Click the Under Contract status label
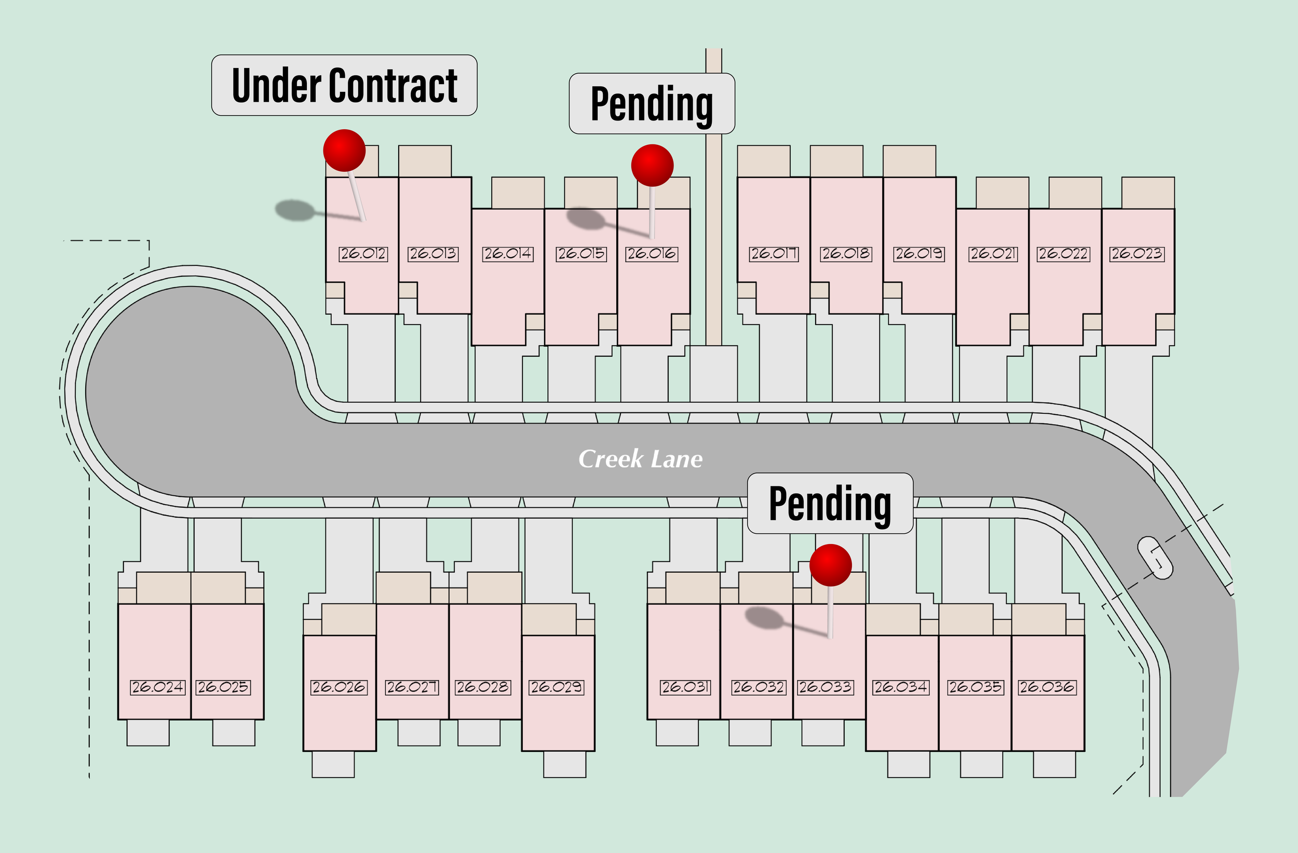click(344, 86)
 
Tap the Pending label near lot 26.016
click(652, 104)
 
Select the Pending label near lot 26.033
click(830, 504)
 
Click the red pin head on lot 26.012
click(344, 150)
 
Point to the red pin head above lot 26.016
click(652, 165)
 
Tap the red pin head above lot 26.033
click(831, 565)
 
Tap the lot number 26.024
click(158, 687)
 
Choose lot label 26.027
click(412, 687)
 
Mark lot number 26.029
click(556, 687)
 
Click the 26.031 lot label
click(685, 687)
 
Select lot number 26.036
click(1047, 687)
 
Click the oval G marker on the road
click(1155, 558)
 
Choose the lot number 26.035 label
click(975, 687)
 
